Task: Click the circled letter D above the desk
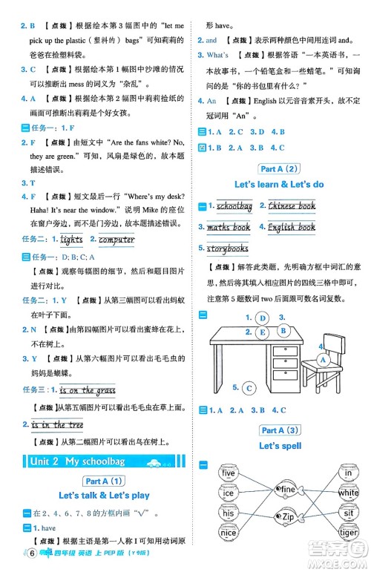[x=262, y=318]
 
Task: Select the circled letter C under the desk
[x=249, y=387]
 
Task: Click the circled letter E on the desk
[x=262, y=332]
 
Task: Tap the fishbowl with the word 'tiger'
[x=348, y=532]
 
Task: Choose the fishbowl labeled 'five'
[x=229, y=473]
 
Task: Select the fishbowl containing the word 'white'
[x=348, y=493]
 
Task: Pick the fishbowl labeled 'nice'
[x=229, y=532]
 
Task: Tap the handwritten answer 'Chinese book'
[x=292, y=206]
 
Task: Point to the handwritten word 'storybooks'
[x=228, y=249]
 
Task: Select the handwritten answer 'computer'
[x=116, y=239]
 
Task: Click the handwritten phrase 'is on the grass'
[x=88, y=390]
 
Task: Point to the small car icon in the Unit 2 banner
[x=156, y=462]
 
